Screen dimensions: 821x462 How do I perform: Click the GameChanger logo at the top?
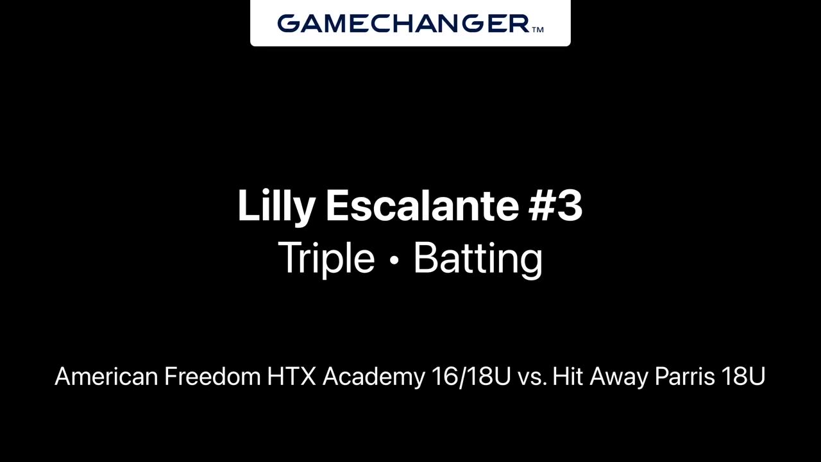(x=410, y=24)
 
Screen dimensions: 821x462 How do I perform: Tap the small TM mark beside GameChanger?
(x=537, y=30)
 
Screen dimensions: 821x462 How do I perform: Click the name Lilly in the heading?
(x=276, y=206)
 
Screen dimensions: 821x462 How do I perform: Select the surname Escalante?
(x=423, y=205)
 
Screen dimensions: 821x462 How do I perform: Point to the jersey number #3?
(x=555, y=205)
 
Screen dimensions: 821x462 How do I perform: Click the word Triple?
(x=326, y=259)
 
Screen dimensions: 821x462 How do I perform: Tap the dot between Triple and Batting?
(x=394, y=261)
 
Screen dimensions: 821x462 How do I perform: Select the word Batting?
(x=478, y=259)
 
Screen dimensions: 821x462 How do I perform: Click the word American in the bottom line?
(x=106, y=376)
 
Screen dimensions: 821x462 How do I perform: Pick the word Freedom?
(x=212, y=376)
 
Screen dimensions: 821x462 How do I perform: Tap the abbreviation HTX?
(x=291, y=376)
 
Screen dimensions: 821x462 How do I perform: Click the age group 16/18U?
(x=471, y=376)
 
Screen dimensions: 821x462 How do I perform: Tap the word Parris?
(x=684, y=376)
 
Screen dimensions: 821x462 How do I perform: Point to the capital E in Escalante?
(x=337, y=205)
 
